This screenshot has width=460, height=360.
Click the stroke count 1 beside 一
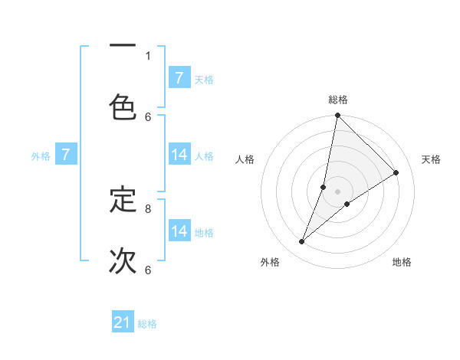pyautogui.click(x=148, y=55)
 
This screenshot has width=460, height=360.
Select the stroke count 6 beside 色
pyautogui.click(x=148, y=116)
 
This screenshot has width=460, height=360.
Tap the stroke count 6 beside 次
pyautogui.click(x=148, y=270)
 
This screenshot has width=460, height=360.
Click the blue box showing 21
pyautogui.click(x=123, y=322)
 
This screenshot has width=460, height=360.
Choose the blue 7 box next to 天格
pyautogui.click(x=179, y=78)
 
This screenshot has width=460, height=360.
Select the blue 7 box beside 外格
pyautogui.click(x=66, y=155)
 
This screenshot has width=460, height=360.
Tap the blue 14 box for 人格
pyautogui.click(x=179, y=155)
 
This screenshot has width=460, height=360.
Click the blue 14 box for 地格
pyautogui.click(x=179, y=231)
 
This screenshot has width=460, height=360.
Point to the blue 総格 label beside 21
pyautogui.click(x=147, y=324)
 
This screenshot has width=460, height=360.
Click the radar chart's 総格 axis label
pyautogui.click(x=338, y=100)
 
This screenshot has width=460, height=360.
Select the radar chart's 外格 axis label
pyautogui.click(x=270, y=262)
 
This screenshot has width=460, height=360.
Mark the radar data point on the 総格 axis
pyautogui.click(x=337, y=116)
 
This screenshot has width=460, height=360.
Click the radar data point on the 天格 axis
pyautogui.click(x=396, y=173)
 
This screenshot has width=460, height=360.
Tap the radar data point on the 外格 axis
pyautogui.click(x=302, y=242)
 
